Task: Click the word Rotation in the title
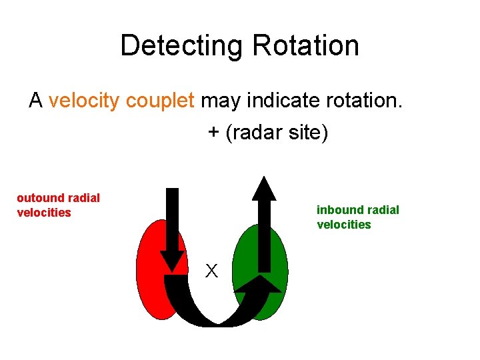(x=305, y=45)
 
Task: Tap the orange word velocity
(x=84, y=101)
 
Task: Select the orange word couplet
(x=160, y=101)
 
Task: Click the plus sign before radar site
(x=213, y=133)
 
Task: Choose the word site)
(x=307, y=133)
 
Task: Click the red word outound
(x=41, y=198)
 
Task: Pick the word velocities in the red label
(x=44, y=213)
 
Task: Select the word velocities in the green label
(x=344, y=225)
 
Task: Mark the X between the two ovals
(x=211, y=271)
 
